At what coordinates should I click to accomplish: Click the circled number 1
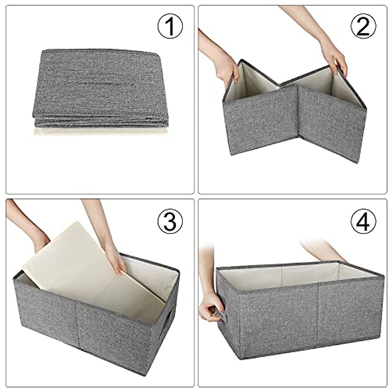tap(170, 27)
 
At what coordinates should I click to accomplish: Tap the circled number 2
tap(364, 27)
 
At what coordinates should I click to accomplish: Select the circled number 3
tap(170, 221)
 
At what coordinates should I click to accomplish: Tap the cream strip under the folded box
tap(100, 131)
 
